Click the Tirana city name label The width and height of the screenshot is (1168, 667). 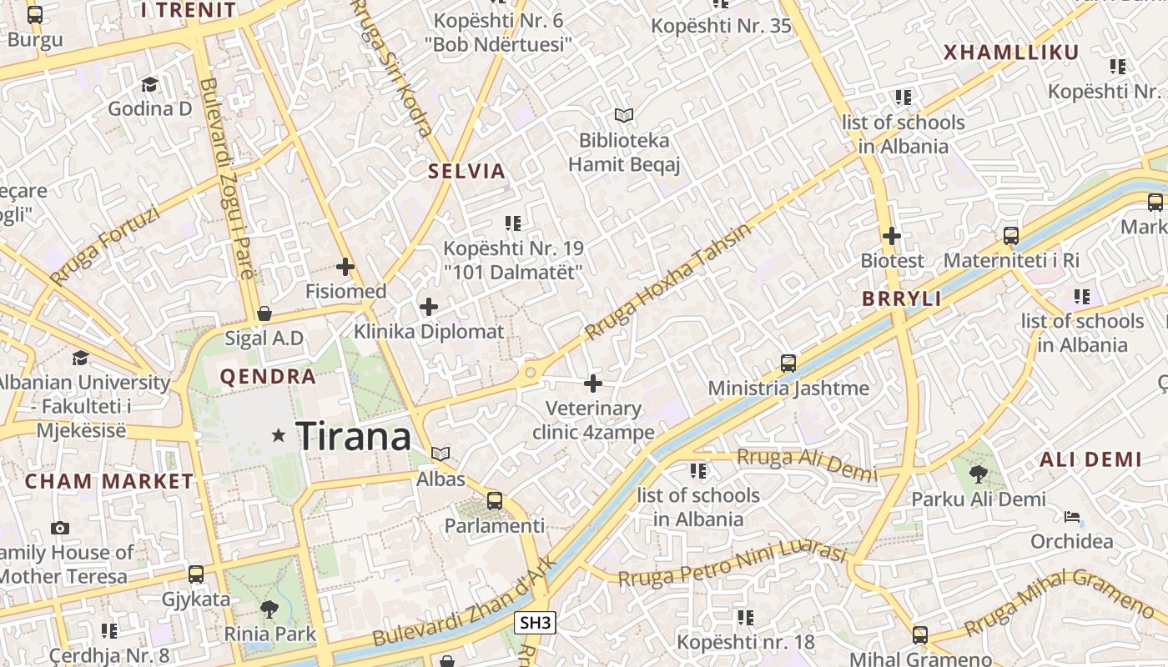(x=353, y=436)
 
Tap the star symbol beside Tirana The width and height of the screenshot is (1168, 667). (x=279, y=435)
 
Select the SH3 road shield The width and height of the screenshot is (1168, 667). (x=535, y=622)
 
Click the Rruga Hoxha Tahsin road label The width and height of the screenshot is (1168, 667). (x=667, y=282)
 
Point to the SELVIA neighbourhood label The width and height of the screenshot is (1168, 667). (x=466, y=172)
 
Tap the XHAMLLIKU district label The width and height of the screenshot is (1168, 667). (x=1011, y=53)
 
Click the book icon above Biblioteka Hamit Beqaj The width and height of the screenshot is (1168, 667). (x=624, y=115)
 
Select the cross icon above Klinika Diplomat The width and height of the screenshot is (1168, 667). (x=429, y=307)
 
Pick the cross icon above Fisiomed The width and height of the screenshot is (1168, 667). (x=345, y=267)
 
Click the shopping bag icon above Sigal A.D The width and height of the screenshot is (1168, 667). (x=264, y=313)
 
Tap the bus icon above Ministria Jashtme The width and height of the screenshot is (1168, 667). (x=788, y=363)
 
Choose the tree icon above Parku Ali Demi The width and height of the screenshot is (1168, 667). (x=978, y=474)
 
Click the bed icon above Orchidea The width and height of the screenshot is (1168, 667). (x=1073, y=517)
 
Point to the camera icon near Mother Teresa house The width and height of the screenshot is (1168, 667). (x=59, y=528)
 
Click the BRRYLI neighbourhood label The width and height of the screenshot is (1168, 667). (x=901, y=299)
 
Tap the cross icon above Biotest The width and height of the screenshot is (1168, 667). (x=892, y=236)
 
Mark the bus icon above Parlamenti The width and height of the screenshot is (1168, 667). (x=495, y=500)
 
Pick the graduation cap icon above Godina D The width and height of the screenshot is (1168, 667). (x=150, y=84)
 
